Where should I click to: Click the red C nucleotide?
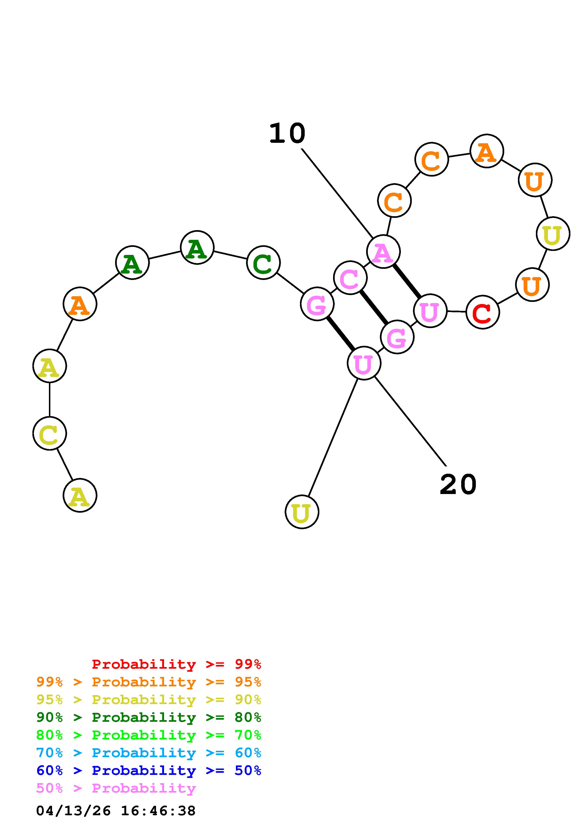pos(482,312)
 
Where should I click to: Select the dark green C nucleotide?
pos(263,262)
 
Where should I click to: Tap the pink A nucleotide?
pos(383,252)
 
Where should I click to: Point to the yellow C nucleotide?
pos(49,433)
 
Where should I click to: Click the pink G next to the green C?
pos(317,304)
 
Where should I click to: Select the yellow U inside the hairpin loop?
pos(553,234)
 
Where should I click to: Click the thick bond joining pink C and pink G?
pos(374,308)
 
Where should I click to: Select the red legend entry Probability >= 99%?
pos(176,664)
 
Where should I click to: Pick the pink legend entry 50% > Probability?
pos(116,788)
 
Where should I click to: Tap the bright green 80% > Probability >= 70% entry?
pos(149,735)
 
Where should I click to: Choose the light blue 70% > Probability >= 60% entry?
pos(149,753)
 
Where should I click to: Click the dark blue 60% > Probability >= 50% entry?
pos(149,771)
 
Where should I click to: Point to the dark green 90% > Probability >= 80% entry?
pos(149,717)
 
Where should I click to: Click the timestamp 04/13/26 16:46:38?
pos(116,811)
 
